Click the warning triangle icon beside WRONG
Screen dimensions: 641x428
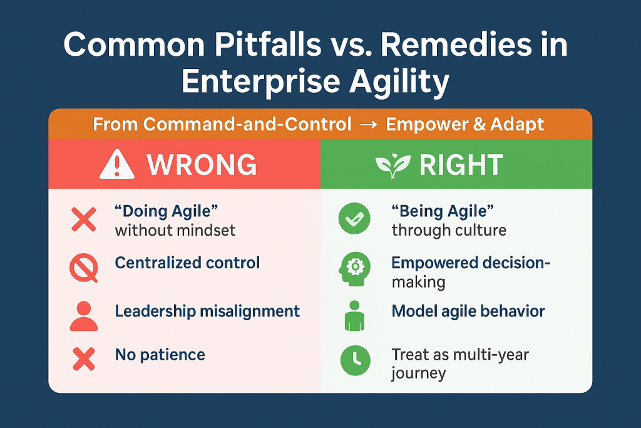pos(117,164)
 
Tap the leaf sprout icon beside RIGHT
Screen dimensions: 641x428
pos(393,165)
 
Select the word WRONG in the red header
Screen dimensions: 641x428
pos(202,165)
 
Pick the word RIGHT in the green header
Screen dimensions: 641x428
pos(461,165)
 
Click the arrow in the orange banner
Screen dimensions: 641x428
pos(368,125)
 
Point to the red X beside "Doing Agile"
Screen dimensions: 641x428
pos(84,219)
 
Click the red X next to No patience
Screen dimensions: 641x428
pos(84,359)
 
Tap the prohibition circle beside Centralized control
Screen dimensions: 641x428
pos(84,268)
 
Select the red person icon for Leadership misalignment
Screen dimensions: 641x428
pos(84,316)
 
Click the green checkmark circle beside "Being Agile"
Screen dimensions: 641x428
pos(354,219)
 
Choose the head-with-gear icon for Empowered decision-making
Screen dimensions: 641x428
pos(354,269)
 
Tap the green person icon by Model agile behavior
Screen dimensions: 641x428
pos(354,315)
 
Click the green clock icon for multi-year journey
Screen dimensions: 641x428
pos(356,360)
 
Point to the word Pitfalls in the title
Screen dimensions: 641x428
pos(268,44)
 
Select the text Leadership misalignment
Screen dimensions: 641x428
pos(207,311)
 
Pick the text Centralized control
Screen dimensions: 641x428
pos(187,263)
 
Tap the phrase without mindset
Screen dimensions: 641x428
pos(175,231)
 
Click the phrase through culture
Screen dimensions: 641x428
pos(449,231)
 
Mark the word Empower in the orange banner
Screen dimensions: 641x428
pos(425,125)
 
